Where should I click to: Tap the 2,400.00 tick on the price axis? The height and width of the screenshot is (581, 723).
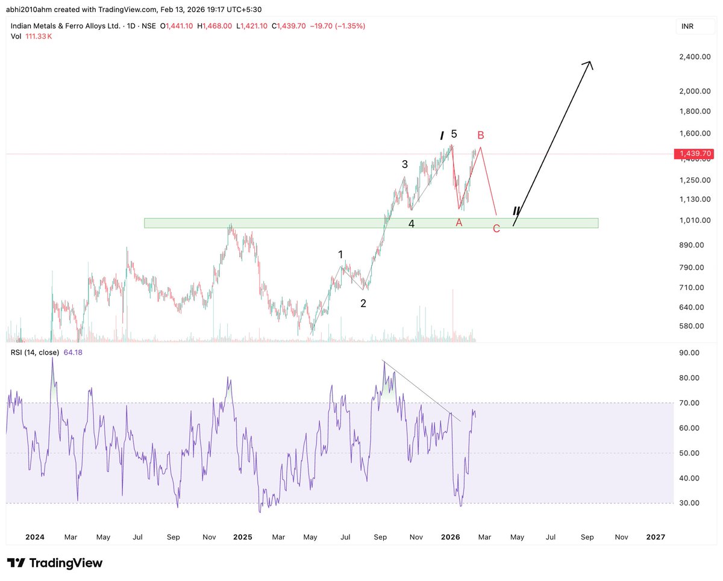693,57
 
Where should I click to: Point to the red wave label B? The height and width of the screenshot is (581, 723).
480,135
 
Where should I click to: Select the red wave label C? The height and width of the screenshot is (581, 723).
496,229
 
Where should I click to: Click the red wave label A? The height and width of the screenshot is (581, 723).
459,223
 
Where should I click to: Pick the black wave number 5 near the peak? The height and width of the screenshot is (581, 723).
454,134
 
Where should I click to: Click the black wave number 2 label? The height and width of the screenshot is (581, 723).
363,303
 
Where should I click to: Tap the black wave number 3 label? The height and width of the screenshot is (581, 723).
405,164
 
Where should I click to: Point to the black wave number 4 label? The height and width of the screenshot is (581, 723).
412,224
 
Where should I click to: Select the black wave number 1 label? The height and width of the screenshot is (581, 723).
340,255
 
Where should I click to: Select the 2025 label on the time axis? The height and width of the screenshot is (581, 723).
242,536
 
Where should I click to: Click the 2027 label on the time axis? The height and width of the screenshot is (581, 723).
655,536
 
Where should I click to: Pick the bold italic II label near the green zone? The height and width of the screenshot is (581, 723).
516,211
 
